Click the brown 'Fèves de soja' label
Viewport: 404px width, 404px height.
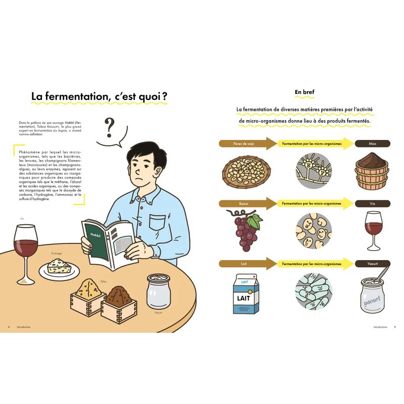(244, 144)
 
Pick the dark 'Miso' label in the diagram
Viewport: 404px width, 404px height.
(372, 144)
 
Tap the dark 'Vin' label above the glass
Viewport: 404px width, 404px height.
(372, 204)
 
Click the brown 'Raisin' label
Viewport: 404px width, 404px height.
(244, 204)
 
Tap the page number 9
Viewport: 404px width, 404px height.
(394, 327)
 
